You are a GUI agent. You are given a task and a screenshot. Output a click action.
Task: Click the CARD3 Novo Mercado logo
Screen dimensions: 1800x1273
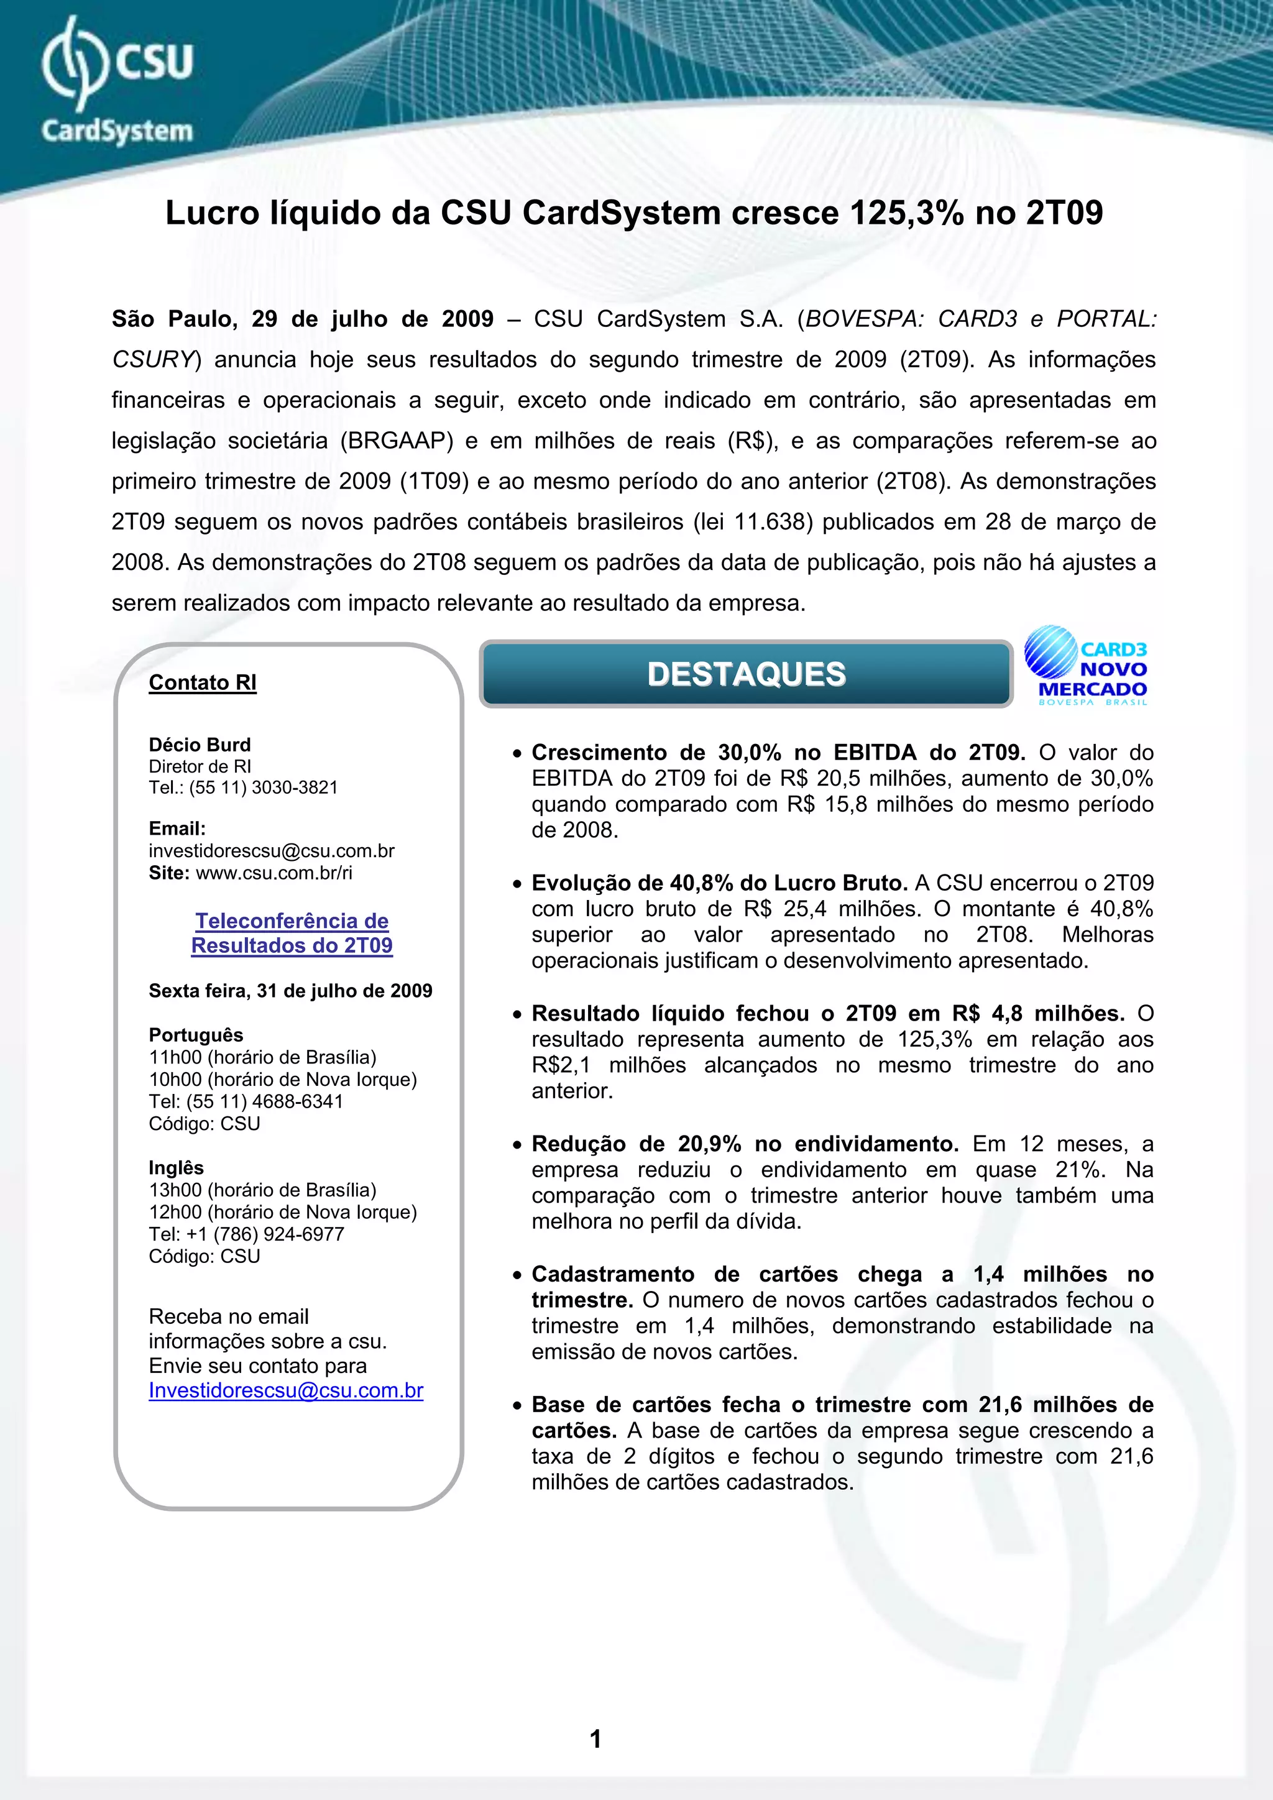(x=1087, y=667)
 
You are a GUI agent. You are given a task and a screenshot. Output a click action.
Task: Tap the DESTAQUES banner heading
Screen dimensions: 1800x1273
(x=747, y=674)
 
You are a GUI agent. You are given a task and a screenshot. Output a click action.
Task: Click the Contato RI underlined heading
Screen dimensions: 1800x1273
(x=202, y=683)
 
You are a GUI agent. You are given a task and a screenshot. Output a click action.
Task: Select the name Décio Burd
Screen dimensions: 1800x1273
(x=200, y=745)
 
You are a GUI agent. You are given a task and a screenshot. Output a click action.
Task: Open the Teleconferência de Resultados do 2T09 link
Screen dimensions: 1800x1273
(x=292, y=933)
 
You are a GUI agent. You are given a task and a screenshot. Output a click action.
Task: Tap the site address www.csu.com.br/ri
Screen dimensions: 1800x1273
(x=273, y=873)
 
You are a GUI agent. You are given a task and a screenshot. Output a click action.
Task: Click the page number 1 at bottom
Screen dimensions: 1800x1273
(x=595, y=1739)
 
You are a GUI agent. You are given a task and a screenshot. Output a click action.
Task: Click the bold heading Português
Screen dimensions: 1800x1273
(x=196, y=1035)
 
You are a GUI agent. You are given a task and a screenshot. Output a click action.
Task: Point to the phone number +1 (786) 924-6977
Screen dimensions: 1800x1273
(x=265, y=1234)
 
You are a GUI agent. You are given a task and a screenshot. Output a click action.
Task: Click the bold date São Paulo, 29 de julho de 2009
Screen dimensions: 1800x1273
(x=303, y=319)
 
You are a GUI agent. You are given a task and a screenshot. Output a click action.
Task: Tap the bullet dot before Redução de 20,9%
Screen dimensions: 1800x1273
(x=517, y=1146)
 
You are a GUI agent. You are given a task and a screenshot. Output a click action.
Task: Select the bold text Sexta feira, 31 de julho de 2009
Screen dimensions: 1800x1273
(x=290, y=991)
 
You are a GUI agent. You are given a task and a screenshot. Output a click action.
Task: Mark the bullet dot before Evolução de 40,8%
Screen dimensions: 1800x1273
(x=517, y=884)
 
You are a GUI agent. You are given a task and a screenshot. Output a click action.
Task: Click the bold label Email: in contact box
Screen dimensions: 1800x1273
(x=177, y=829)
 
